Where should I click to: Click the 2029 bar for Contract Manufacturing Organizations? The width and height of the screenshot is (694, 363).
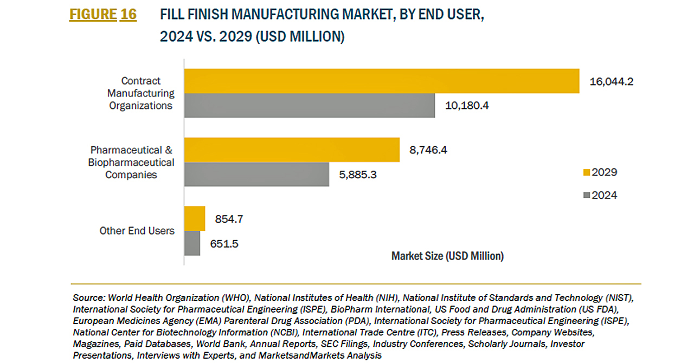pyautogui.click(x=382, y=81)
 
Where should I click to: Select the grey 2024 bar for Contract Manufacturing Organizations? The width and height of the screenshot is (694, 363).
pyautogui.click(x=310, y=106)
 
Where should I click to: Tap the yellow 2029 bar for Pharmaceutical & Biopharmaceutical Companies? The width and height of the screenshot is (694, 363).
pyautogui.click(x=292, y=150)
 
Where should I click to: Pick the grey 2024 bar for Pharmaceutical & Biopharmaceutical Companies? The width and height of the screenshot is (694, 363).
pyautogui.click(x=256, y=174)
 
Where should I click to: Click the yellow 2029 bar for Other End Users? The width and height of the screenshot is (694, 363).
pyautogui.click(x=195, y=219)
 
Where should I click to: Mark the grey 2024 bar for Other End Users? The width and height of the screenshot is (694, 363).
pyautogui.click(x=192, y=243)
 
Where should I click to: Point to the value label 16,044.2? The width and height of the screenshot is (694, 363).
pyautogui.click(x=611, y=82)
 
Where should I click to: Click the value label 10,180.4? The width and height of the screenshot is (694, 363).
pyautogui.click(x=467, y=106)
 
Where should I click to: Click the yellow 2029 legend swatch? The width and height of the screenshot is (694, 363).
pyautogui.click(x=586, y=173)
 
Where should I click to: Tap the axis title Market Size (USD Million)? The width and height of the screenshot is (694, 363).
pyautogui.click(x=447, y=256)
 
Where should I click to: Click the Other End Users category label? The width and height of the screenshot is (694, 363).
pyautogui.click(x=137, y=231)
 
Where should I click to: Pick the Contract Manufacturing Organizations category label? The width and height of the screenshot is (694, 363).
pyautogui.click(x=141, y=93)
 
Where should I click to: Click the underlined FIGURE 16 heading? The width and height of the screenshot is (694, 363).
pyautogui.click(x=103, y=15)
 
